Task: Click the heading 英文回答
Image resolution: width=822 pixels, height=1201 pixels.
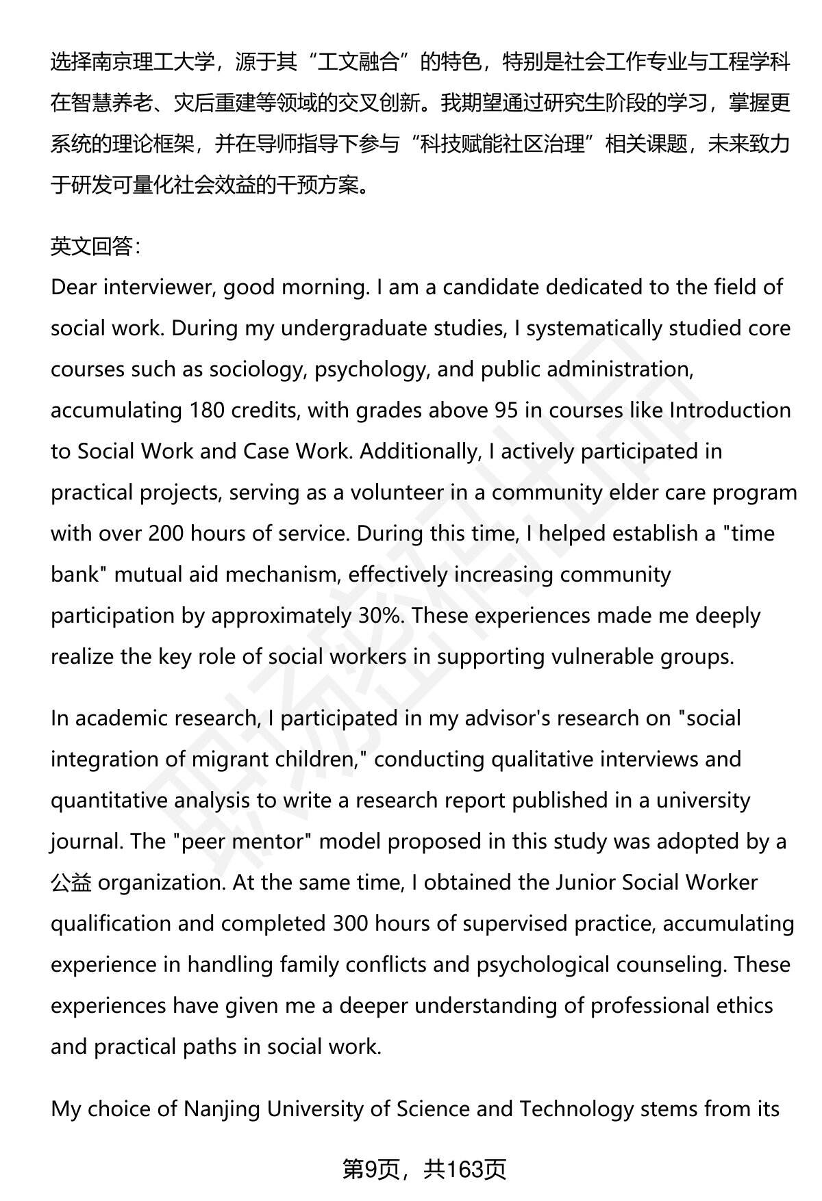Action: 95,246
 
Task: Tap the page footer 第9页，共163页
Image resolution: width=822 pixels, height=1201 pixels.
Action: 424,1170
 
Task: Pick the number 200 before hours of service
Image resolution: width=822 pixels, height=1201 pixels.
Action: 166,534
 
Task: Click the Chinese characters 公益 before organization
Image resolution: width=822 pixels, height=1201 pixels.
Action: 71,883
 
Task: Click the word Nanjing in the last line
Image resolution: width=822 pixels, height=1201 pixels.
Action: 221,1109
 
